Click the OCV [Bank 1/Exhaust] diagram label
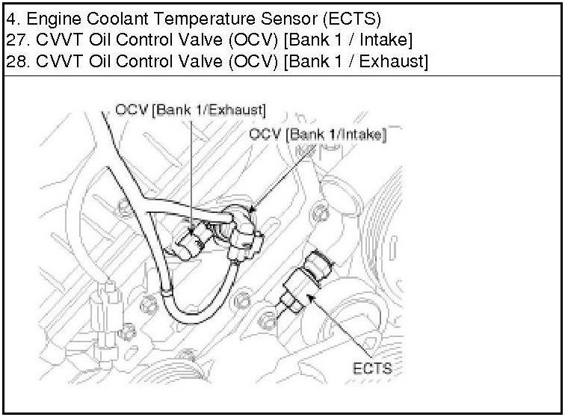pos(190,111)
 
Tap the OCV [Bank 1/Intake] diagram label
pos(318,135)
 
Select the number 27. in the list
pos(15,38)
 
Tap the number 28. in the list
pos(15,61)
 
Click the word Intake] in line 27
pos(378,38)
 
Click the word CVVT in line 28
pos(50,61)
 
